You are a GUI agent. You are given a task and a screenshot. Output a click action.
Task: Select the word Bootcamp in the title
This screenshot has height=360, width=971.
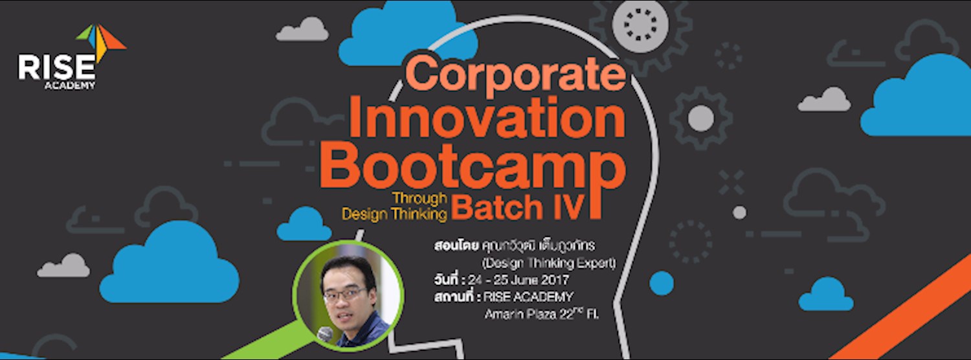click(473, 168)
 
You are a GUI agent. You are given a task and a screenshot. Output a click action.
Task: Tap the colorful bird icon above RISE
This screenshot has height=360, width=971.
click(100, 40)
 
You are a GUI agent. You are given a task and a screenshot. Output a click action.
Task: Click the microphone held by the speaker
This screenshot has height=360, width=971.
click(325, 334)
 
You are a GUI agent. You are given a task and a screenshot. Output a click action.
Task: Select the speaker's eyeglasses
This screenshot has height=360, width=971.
click(344, 295)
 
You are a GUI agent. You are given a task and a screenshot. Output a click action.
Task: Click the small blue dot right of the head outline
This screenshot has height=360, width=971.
click(662, 283)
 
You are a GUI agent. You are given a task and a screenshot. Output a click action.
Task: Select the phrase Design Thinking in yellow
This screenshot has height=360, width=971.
click(395, 214)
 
